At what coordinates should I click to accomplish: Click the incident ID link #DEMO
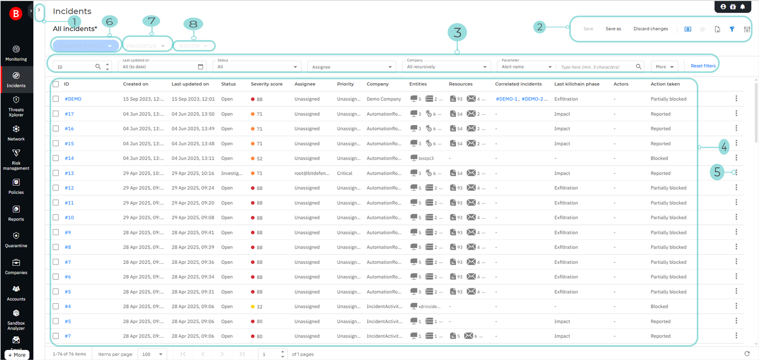click(x=73, y=99)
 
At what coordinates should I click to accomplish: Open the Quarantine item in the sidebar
click(x=16, y=239)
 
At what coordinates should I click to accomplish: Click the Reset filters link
click(x=703, y=66)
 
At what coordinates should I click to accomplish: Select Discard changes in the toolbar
click(x=651, y=29)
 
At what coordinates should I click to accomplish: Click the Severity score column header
click(x=266, y=84)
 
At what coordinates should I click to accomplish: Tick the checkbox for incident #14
click(x=56, y=158)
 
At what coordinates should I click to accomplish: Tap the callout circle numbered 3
click(x=457, y=33)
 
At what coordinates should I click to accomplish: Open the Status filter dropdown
click(x=257, y=66)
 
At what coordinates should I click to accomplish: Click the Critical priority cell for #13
click(x=345, y=173)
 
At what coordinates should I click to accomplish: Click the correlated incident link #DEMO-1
click(x=506, y=99)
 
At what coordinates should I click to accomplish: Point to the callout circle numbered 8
click(x=192, y=24)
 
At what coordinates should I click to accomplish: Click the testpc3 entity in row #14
click(x=426, y=158)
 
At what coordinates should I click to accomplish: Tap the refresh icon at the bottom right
click(x=747, y=354)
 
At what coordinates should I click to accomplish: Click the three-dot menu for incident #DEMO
click(x=736, y=99)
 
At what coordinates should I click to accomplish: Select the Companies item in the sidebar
click(x=16, y=266)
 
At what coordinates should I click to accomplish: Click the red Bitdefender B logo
click(x=16, y=14)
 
